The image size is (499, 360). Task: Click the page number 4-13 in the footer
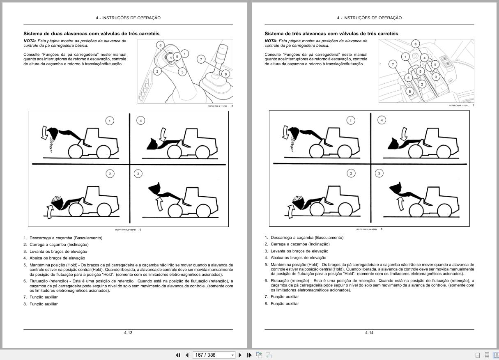click(x=128, y=332)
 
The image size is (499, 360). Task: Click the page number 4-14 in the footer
click(x=369, y=332)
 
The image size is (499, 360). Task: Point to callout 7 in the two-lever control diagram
click(x=201, y=60)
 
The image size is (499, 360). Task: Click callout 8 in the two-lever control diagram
click(x=225, y=74)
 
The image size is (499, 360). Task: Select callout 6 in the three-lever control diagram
click(x=415, y=44)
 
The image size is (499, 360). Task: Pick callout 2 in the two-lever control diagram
click(x=157, y=71)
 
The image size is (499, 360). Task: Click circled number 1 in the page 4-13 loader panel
click(x=110, y=121)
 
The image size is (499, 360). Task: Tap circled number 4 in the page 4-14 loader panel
click(x=382, y=120)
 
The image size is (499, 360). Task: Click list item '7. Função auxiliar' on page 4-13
click(x=43, y=297)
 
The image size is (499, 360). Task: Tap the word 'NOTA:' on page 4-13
click(x=30, y=41)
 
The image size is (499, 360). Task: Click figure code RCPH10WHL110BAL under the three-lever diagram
click(x=458, y=105)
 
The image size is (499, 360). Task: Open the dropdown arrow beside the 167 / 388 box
click(x=233, y=355)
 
